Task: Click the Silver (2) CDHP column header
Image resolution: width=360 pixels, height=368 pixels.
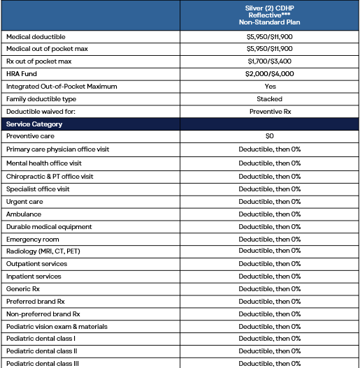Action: tap(269, 15)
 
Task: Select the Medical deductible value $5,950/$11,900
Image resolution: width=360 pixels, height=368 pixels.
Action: tap(269, 36)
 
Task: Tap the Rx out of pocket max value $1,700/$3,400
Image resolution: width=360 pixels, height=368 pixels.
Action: tap(269, 61)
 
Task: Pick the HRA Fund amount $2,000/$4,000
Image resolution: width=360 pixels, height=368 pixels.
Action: tap(269, 73)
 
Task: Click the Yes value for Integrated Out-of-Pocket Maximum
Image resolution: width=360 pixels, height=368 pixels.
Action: tap(270, 86)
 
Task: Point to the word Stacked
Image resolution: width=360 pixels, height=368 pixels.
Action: tap(269, 98)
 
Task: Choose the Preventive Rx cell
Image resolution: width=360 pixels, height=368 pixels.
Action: tap(269, 111)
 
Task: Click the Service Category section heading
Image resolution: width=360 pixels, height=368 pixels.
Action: tap(34, 124)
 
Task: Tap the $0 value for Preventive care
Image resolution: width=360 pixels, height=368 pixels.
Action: tap(269, 137)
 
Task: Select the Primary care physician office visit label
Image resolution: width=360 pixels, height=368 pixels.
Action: tap(57, 149)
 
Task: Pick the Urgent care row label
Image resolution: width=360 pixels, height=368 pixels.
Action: tap(24, 201)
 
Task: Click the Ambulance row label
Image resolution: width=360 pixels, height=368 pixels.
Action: tap(24, 214)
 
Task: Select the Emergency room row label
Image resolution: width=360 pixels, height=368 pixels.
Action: tap(32, 239)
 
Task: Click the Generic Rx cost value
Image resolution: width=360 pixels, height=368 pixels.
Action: tap(269, 289)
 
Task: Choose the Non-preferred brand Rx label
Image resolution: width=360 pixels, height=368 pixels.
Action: tap(43, 314)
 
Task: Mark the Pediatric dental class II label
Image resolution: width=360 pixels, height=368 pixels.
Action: tap(41, 351)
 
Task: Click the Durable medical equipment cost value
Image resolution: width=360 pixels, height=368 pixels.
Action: tap(269, 226)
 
